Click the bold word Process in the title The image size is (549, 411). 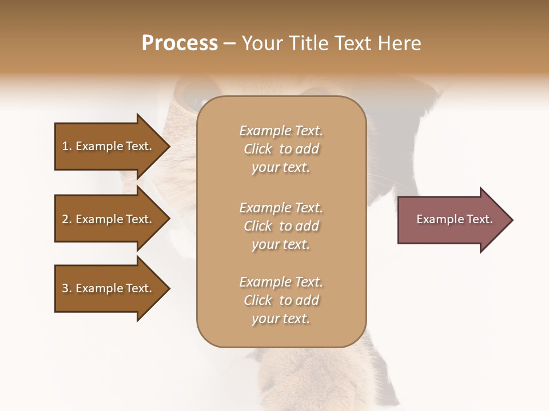(x=180, y=43)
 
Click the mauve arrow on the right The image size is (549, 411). (x=452, y=220)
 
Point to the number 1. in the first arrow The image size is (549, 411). (x=67, y=146)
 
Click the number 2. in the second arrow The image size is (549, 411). (x=67, y=219)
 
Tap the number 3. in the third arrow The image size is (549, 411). (x=67, y=288)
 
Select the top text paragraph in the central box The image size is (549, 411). (x=281, y=149)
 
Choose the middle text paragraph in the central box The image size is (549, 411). (x=281, y=226)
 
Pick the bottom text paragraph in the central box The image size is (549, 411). (x=281, y=300)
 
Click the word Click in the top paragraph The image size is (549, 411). (x=258, y=149)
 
